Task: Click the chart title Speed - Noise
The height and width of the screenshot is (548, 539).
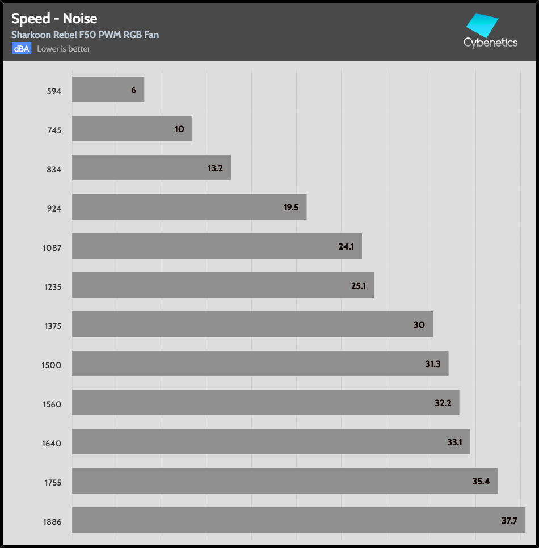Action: (54, 19)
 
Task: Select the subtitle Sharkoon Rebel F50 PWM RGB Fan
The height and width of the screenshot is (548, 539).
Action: (85, 35)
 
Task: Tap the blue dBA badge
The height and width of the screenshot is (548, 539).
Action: (22, 49)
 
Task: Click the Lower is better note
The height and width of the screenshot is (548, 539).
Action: (64, 49)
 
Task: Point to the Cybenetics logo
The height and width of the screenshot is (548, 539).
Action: (490, 32)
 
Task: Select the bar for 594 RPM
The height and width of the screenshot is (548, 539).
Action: (108, 90)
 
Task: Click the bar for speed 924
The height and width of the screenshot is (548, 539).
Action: (189, 207)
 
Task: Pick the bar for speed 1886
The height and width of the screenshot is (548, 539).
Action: (298, 520)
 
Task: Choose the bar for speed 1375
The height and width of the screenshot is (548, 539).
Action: (252, 324)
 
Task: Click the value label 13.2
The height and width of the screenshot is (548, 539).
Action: (215, 168)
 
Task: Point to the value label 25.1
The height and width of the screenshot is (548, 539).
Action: (359, 286)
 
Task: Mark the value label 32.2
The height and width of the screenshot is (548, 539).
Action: (443, 403)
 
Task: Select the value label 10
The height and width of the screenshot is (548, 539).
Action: (179, 129)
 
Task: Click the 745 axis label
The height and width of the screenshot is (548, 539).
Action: (54, 130)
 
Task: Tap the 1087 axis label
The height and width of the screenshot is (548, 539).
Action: (52, 247)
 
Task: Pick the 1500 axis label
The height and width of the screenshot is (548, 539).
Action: (52, 365)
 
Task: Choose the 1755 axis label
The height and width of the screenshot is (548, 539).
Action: (52, 483)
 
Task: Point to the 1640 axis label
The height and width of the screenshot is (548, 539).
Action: (52, 444)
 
